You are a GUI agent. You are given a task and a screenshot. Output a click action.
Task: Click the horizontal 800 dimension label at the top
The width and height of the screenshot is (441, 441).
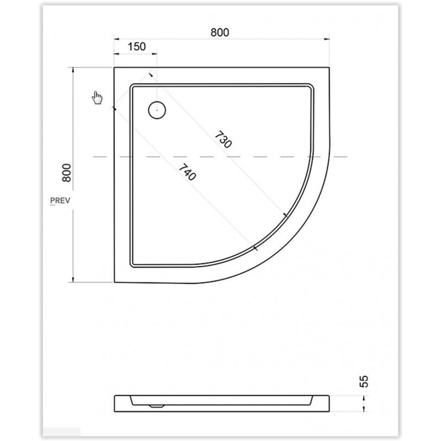click(220, 33)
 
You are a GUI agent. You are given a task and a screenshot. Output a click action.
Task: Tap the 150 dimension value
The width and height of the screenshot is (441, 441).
click(137, 47)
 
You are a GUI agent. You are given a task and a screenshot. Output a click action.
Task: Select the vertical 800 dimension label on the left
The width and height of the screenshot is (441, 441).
click(67, 173)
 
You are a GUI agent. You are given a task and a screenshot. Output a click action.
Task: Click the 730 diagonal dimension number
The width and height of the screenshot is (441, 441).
click(223, 140)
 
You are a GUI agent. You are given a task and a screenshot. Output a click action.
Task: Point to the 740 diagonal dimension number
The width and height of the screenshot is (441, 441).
click(187, 172)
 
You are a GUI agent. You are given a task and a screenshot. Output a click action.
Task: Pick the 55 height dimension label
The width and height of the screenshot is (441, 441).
click(364, 381)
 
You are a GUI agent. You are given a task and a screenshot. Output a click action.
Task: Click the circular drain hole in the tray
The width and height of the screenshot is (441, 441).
click(157, 110)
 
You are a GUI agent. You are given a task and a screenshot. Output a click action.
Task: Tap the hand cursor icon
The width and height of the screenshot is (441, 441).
click(98, 98)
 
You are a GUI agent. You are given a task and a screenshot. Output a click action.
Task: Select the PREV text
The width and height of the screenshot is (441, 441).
click(60, 201)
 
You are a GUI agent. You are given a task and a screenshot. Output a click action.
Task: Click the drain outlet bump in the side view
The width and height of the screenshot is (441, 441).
click(157, 406)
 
